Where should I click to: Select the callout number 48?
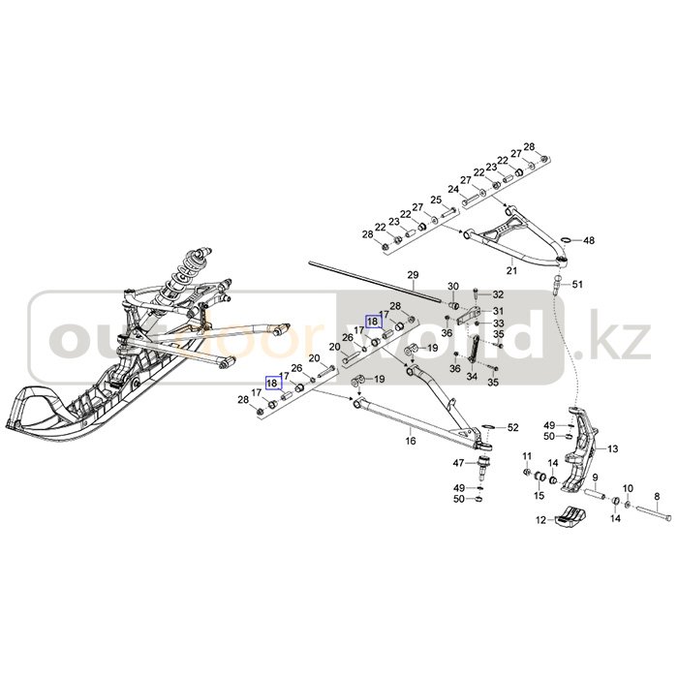coord(589,240)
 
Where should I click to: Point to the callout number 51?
coord(578,284)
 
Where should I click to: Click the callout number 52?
coord(513,427)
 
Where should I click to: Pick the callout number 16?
coord(411,441)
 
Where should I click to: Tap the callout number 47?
coord(459,464)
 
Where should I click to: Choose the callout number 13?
coord(612,448)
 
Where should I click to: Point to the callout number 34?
coord(473,378)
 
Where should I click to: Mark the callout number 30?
coord(451,286)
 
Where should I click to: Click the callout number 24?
coord(452,189)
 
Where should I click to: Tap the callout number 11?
coord(528,456)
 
